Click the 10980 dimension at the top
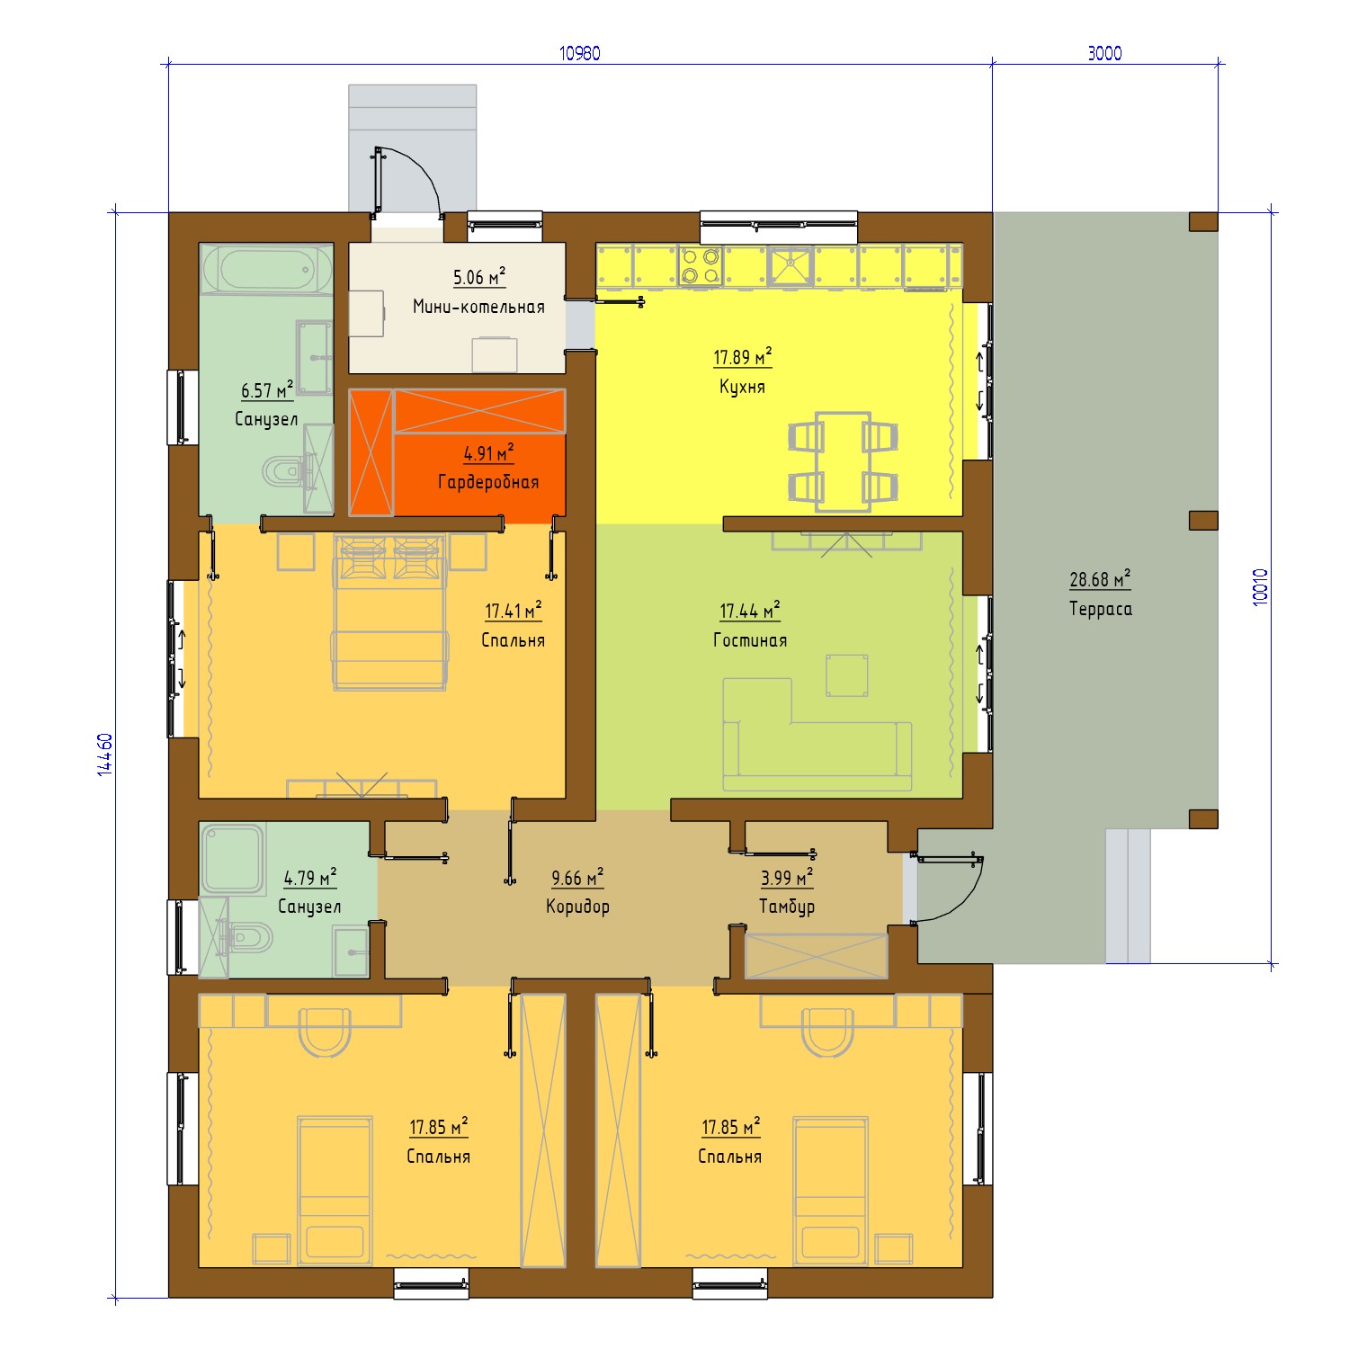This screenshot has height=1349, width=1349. point(579,53)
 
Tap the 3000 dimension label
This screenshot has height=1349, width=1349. point(1104,53)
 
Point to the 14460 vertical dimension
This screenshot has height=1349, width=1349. point(105,754)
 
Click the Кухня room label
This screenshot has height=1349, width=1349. point(742,387)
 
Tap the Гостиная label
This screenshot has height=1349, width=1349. point(750,640)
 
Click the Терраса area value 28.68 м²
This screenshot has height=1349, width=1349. point(1100,580)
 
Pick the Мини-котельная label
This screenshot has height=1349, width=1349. point(478,307)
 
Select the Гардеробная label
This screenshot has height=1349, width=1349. point(488,482)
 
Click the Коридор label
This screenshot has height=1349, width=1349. point(577,907)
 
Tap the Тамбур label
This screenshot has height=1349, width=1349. point(787,907)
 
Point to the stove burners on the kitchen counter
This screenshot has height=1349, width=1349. point(701,265)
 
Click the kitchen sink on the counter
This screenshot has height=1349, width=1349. point(791,265)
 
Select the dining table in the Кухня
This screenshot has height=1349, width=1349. point(843,461)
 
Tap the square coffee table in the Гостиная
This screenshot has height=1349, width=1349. point(847,675)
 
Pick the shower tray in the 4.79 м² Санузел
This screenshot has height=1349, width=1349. point(231,859)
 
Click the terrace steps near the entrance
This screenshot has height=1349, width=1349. point(1128,896)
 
